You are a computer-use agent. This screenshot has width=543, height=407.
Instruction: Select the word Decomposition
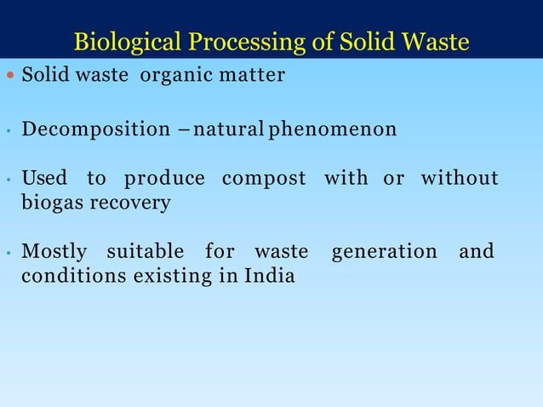pyautogui.click(x=95, y=130)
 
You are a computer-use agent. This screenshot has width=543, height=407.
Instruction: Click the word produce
pyautogui.click(x=164, y=178)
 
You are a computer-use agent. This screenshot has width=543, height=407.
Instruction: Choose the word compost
pyautogui.click(x=263, y=179)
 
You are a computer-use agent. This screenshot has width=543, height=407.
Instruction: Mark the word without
pyautogui.click(x=459, y=178)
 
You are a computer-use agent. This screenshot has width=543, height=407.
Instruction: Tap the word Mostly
pyautogui.click(x=54, y=252)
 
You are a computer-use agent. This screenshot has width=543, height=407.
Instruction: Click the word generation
pyautogui.click(x=383, y=252)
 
